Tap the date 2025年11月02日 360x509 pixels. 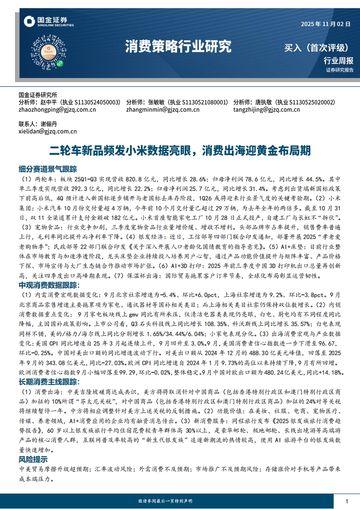click(x=325, y=24)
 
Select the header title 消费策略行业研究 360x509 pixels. click(x=178, y=46)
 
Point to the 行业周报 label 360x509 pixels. click(x=338, y=60)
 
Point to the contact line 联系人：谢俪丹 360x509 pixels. click(x=38, y=124)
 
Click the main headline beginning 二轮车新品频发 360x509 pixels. click(x=180, y=150)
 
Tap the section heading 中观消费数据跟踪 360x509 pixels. click(x=48, y=285)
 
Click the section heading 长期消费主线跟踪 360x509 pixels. click(x=48, y=370)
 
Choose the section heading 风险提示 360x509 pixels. click(x=33, y=460)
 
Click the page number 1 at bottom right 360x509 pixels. click(x=347, y=501)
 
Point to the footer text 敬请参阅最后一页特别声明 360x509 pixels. click(x=165, y=501)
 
